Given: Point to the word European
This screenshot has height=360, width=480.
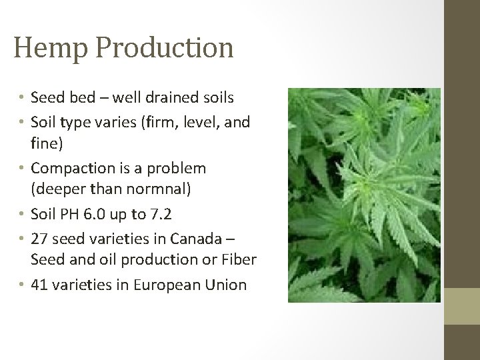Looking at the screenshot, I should pyautogui.click(x=171, y=285).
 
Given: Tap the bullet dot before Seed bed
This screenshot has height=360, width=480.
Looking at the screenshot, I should pyautogui.click(x=21, y=99).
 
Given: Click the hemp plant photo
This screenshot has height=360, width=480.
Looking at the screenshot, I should pyautogui.click(x=364, y=195).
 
